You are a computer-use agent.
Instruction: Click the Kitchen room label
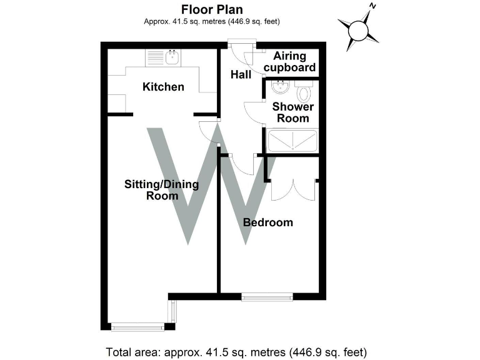tap(163, 87)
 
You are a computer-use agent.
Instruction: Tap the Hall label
tap(241, 74)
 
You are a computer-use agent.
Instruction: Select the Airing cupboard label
tap(289, 61)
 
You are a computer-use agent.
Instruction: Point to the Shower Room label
tap(293, 112)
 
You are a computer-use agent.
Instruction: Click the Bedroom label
tap(268, 222)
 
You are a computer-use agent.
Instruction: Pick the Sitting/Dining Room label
tap(162, 190)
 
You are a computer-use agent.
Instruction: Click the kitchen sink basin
tap(172, 57)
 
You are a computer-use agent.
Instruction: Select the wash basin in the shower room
tap(280, 87)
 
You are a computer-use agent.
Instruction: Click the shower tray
tap(292, 141)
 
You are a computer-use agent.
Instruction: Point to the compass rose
tap(359, 30)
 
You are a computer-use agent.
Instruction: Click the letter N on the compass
tap(372, 6)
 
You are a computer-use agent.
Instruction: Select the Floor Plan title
tap(212, 9)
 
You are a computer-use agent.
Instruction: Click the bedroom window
tap(267, 297)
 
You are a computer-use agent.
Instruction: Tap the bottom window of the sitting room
tap(138, 327)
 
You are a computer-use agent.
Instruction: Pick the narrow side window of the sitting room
tap(172, 311)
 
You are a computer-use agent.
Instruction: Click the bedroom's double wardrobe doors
tap(293, 190)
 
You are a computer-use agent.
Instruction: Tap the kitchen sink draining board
tap(156, 57)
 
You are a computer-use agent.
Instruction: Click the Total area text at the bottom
tap(236, 352)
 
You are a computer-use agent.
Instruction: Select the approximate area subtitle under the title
tap(212, 21)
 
